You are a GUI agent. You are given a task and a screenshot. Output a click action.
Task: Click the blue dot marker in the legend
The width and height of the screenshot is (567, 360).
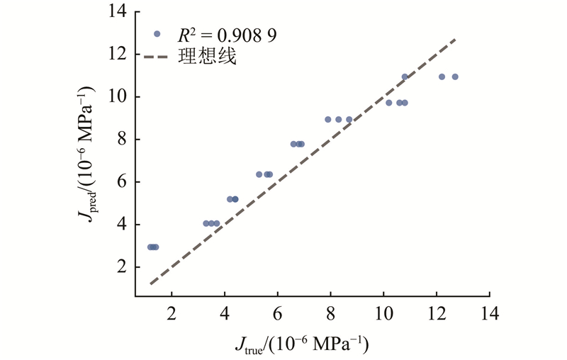(157, 33)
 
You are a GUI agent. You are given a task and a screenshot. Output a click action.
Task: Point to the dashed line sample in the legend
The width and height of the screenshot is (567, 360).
(157, 57)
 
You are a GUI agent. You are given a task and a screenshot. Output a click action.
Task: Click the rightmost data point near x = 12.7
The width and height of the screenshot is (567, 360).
(455, 77)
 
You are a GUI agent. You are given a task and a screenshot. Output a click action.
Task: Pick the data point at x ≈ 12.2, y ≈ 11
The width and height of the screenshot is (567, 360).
(442, 77)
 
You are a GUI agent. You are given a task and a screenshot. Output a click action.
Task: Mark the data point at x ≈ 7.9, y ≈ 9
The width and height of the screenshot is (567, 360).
(328, 119)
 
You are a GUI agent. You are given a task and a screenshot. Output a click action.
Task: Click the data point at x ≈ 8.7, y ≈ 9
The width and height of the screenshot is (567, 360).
(349, 119)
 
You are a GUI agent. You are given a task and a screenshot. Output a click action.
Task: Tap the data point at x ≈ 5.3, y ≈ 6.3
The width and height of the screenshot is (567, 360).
(259, 174)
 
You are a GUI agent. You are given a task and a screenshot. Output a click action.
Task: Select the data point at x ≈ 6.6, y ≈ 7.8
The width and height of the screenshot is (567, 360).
(293, 144)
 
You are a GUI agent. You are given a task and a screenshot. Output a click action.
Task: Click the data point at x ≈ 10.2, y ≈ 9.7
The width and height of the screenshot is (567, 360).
(389, 103)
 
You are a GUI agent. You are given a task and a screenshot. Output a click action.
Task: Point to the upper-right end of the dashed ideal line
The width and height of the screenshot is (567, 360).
(455, 40)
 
